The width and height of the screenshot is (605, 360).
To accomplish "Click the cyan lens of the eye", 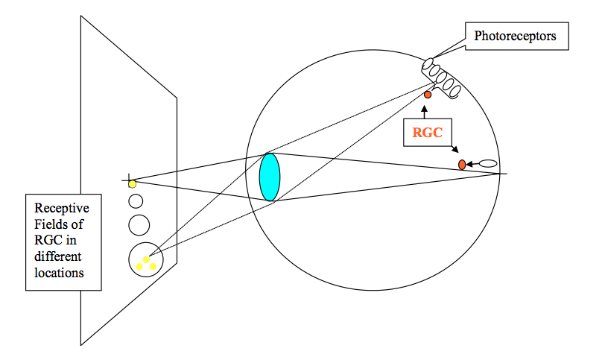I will [270, 177].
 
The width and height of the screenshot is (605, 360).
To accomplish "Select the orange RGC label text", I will [428, 133].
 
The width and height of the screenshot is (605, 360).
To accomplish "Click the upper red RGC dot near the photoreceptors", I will [428, 95].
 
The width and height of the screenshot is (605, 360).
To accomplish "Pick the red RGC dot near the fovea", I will [462, 164].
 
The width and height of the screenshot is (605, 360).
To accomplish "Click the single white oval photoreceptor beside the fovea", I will [488, 163].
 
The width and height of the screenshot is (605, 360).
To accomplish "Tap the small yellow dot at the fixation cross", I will [132, 183].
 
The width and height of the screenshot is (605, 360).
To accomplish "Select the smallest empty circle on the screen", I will [136, 200].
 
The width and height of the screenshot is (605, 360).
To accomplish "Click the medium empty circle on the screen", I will [139, 224].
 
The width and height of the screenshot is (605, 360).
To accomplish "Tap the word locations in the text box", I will [59, 274].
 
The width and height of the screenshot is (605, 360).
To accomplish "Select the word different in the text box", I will [58, 256].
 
